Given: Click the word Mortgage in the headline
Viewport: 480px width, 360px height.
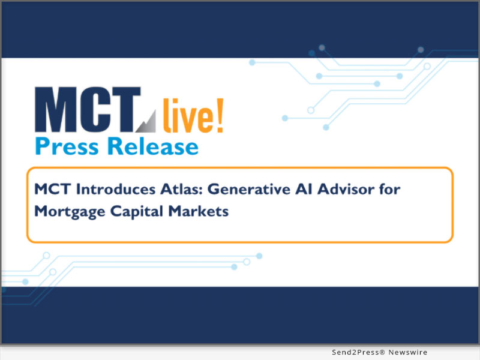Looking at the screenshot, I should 64,212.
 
